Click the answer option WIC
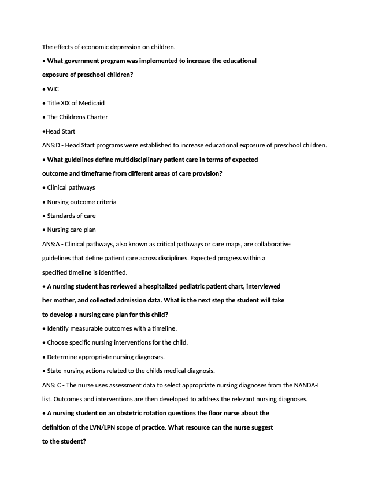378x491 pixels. [x=53, y=89]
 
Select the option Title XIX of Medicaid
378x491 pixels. [x=76, y=103]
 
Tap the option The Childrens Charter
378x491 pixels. [x=77, y=117]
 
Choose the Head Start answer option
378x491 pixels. [x=60, y=131]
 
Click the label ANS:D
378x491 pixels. [x=51, y=145]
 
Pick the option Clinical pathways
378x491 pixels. [x=71, y=187]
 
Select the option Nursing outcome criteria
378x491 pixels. [x=81, y=202]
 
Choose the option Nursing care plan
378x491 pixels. [x=71, y=230]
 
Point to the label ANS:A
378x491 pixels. [x=51, y=244]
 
